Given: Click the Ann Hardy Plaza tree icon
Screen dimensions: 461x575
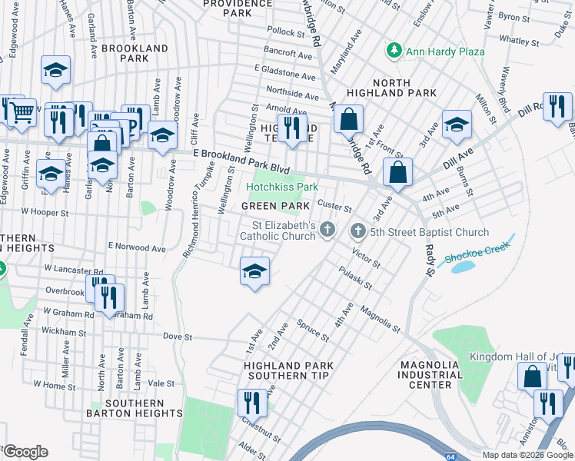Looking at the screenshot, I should tap(394, 51).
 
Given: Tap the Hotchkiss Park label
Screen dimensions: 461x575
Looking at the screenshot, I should tap(281, 187).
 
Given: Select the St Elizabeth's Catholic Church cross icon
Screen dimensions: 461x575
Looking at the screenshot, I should tap(328, 229).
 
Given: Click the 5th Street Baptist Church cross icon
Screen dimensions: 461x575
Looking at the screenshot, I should tap(358, 231).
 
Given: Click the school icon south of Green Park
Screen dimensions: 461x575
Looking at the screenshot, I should tap(255, 271).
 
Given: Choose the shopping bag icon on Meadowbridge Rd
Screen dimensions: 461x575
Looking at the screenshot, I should tap(348, 119).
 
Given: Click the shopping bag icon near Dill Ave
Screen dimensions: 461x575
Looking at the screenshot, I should tap(397, 172).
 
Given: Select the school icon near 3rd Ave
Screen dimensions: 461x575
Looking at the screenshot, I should tap(457, 124).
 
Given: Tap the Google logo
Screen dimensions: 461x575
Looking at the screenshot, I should tap(25, 451).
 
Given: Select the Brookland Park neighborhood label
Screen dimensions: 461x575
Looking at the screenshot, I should tap(135, 53).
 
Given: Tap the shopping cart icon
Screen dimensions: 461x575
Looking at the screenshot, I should tap(22, 111).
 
